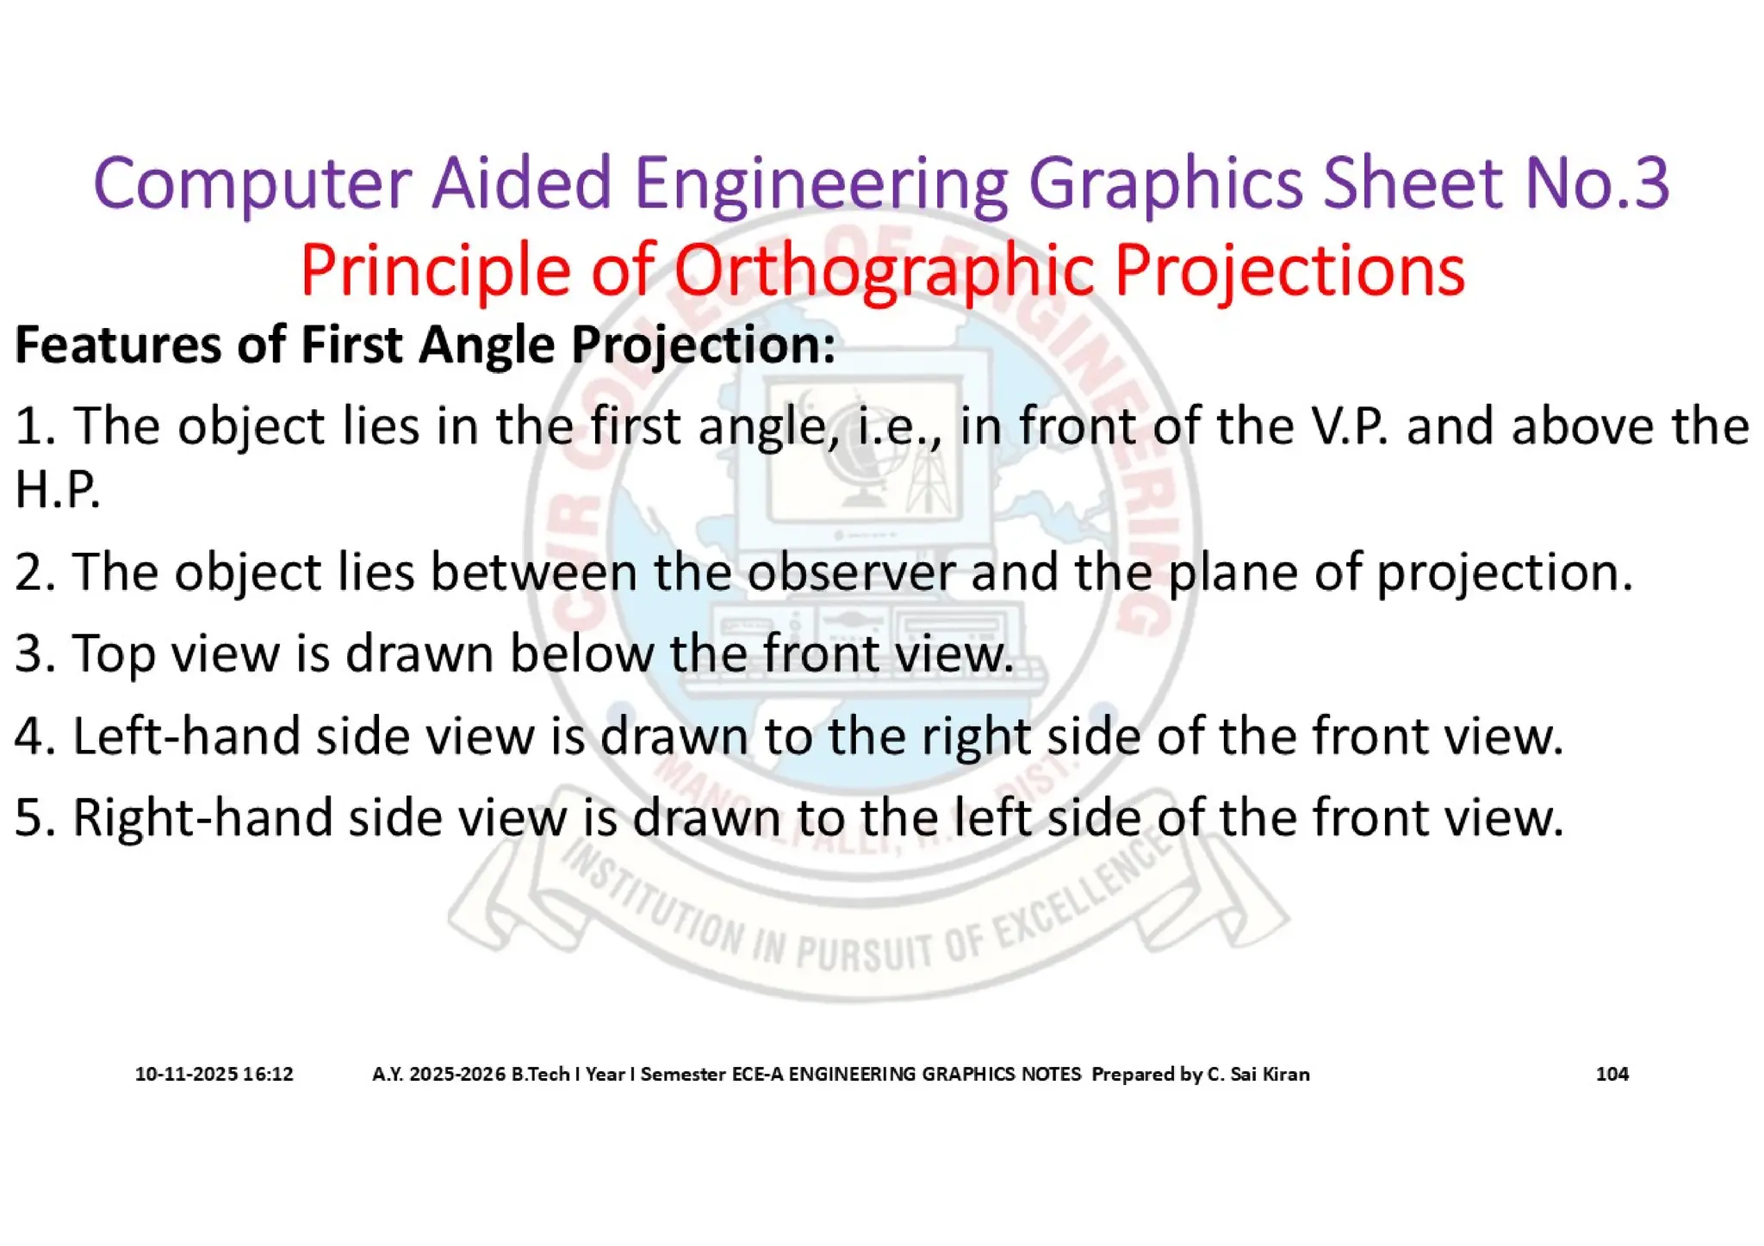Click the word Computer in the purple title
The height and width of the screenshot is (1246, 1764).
[252, 183]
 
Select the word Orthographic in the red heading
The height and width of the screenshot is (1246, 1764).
[883, 270]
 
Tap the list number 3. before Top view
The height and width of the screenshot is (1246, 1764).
[34, 653]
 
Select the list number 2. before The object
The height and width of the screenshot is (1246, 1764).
[34, 572]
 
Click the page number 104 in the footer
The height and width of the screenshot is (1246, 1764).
[1612, 1074]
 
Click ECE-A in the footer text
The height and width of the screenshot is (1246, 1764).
[757, 1074]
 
